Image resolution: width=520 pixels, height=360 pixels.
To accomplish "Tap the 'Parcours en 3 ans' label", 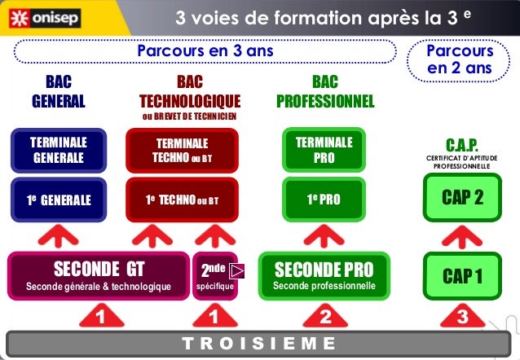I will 205,51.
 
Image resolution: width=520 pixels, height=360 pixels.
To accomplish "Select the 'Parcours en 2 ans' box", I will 460,59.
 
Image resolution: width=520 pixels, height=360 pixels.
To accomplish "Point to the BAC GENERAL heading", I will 58,92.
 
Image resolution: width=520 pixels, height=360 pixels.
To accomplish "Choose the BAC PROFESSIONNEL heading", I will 324,92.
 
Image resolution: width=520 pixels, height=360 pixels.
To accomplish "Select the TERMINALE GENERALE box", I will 58,150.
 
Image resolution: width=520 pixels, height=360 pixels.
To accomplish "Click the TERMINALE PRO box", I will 324,150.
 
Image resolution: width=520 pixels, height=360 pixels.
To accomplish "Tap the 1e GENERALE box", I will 58,199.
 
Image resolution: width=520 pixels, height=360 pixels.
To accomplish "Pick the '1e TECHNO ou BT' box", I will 182,199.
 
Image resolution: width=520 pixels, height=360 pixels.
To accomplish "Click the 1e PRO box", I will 324,199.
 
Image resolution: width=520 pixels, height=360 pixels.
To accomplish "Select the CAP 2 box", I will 462,199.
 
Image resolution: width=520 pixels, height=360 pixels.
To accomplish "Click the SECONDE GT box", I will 98,275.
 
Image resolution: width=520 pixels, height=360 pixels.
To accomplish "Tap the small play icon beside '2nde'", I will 236,270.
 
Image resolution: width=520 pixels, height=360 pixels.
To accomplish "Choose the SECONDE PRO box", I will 324,275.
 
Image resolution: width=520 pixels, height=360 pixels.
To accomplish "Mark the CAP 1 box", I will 462,275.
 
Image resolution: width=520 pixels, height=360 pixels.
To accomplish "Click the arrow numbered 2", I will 324,314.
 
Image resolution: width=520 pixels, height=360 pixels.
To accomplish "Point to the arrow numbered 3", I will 462,314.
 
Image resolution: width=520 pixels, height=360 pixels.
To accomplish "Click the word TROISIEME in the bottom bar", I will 259,343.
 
